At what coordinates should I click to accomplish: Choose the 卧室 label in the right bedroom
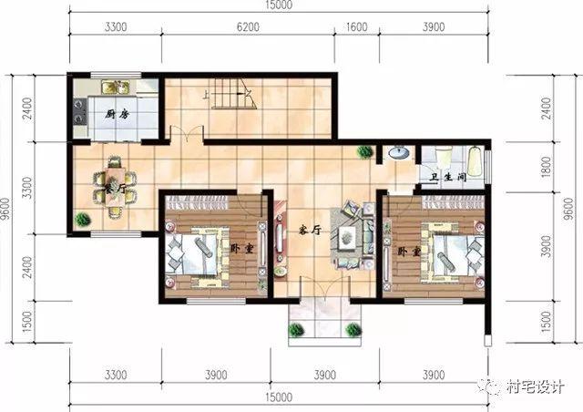404,250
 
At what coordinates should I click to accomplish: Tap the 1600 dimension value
357,28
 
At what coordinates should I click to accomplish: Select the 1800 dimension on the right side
546,168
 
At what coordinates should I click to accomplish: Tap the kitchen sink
114,88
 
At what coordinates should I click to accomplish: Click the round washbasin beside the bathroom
397,153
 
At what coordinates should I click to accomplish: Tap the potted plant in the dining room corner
84,219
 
